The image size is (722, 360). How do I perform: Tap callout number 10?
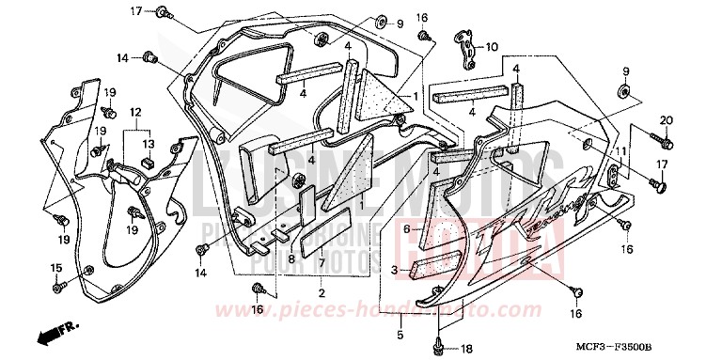point(492,46)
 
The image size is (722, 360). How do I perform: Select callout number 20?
point(667,120)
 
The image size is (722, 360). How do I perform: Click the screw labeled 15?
point(59,284)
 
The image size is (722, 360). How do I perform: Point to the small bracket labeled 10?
point(466,49)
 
